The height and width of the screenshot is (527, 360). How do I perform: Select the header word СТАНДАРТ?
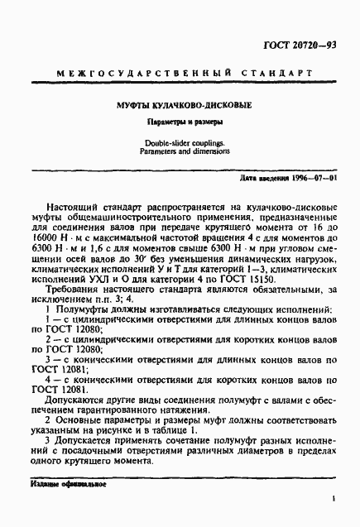click(x=268, y=75)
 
